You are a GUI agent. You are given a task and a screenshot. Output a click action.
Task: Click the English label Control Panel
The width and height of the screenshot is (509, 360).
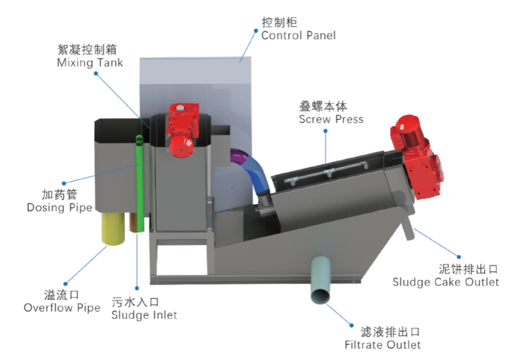(299, 35)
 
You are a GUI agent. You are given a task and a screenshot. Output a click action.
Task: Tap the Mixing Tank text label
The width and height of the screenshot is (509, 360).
(90, 63)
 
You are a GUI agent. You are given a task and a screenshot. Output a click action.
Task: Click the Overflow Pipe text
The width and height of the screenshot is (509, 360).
(62, 307)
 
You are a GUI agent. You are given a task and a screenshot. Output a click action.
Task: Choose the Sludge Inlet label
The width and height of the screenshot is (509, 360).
(144, 315)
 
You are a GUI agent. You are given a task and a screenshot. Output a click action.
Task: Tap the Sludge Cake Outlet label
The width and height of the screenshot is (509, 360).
(446, 282)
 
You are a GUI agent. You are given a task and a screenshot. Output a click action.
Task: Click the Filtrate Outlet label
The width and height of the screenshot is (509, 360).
(383, 344)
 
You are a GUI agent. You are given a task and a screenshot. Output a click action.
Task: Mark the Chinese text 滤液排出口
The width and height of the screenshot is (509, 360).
(382, 332)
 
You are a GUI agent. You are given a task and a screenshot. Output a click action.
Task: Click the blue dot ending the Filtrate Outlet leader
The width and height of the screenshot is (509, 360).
(351, 325)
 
